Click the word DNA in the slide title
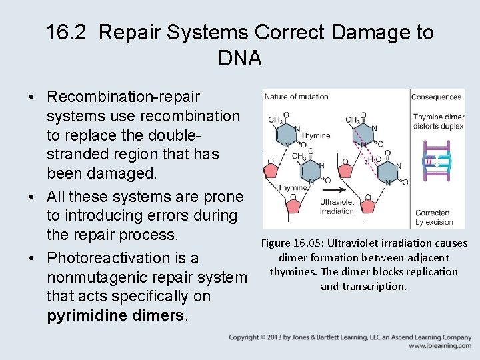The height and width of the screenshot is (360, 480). pyautogui.click(x=239, y=58)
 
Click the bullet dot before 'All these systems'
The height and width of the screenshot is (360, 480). pyautogui.click(x=32, y=197)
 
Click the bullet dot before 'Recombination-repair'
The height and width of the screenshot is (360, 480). pyautogui.click(x=32, y=97)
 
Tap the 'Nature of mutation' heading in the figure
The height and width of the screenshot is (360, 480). pyautogui.click(x=296, y=97)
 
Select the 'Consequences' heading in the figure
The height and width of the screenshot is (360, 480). pyautogui.click(x=436, y=97)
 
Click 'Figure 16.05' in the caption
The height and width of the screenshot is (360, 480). pyautogui.click(x=291, y=243)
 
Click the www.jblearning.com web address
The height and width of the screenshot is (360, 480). pyautogui.click(x=440, y=346)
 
